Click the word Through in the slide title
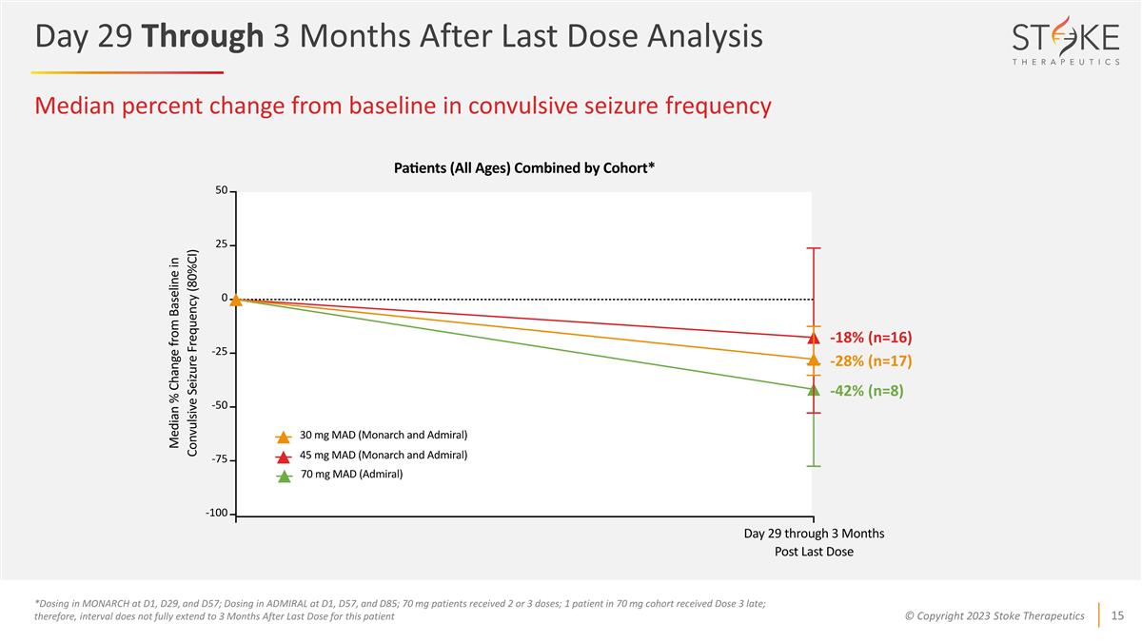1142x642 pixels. [202, 36]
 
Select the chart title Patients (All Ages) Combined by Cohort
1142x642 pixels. [524, 168]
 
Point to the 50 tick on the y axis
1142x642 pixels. [221, 191]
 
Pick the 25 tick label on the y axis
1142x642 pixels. [220, 245]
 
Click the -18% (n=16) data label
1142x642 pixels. [870, 338]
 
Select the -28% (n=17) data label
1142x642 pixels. [870, 360]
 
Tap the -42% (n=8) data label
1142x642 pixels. [865, 389]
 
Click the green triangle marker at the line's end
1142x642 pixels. [814, 389]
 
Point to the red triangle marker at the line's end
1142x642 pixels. [814, 338]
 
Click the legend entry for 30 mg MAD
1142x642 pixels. [384, 436]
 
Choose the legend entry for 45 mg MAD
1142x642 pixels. [384, 456]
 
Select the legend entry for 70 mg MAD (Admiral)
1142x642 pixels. [351, 475]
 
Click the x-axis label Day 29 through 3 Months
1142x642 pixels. [814, 534]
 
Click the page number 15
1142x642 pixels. [1118, 615]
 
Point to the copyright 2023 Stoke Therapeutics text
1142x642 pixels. [994, 616]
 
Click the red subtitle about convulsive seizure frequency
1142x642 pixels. [403, 107]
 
